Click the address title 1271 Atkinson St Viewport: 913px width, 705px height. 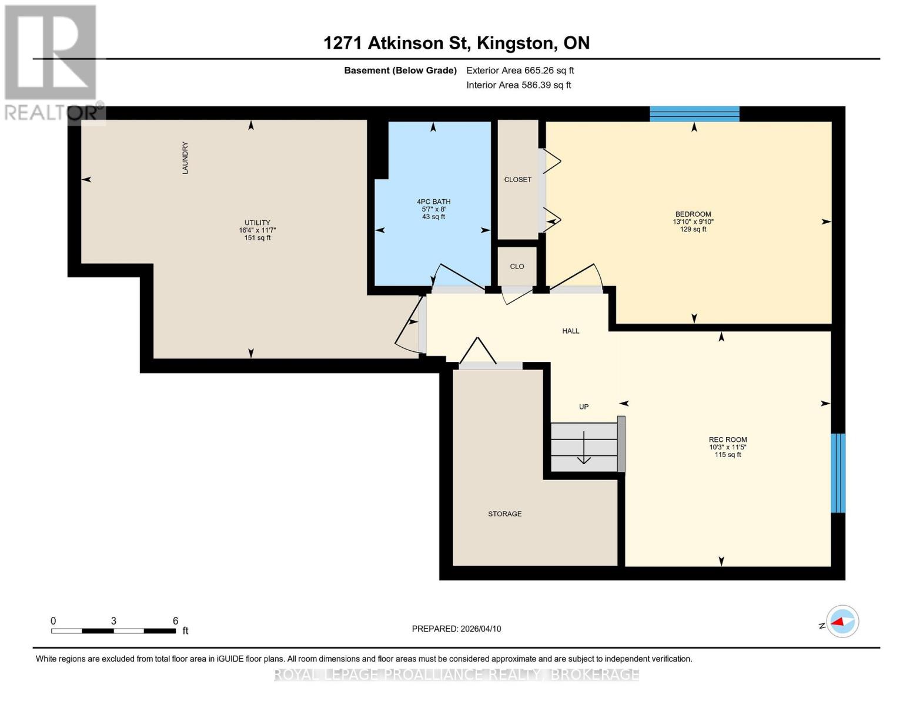click(456, 43)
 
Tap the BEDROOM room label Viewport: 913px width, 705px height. click(693, 214)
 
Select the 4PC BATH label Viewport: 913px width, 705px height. click(433, 202)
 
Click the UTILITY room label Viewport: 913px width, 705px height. click(257, 223)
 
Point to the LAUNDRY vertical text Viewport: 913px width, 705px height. click(185, 157)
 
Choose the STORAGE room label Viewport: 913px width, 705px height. click(504, 514)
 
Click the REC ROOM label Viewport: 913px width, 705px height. click(727, 440)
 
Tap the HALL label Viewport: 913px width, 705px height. click(570, 331)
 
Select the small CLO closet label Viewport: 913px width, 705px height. click(517, 267)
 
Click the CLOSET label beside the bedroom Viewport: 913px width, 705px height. click(517, 180)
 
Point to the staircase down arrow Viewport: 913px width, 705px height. click(583, 449)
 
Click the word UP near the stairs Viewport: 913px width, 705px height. click(583, 407)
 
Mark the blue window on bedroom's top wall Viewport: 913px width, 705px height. click(694, 113)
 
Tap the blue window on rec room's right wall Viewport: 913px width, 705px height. click(838, 473)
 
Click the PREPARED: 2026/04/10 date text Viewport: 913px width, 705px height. click(456, 629)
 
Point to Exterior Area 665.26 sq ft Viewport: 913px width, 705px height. click(520, 70)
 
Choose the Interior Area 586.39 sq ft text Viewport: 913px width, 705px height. click(519, 85)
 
